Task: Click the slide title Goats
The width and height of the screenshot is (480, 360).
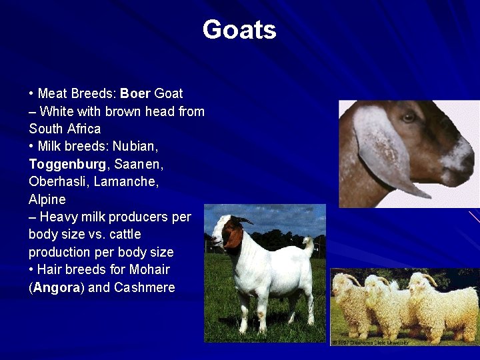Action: coord(239,30)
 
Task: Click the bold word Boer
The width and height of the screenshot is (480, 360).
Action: coord(135,93)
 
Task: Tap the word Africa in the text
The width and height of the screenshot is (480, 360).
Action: coord(83,129)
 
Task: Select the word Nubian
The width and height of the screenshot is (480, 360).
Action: coord(135,146)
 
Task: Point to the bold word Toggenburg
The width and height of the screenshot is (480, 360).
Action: coord(67,164)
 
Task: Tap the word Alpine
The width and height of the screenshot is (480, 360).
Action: coord(47,199)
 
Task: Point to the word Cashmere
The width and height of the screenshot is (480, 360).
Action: coord(144,288)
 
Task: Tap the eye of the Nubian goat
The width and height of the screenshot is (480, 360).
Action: coord(409,118)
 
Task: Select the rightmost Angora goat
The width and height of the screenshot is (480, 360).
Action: coord(447,303)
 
